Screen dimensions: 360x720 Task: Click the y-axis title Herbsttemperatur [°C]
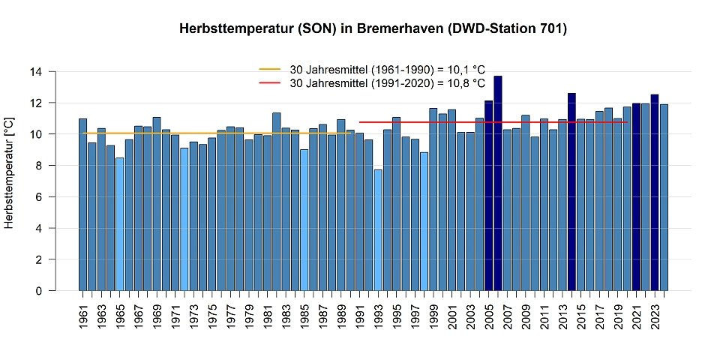10,172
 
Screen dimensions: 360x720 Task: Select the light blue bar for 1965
119,224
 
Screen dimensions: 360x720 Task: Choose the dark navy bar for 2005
489,196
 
